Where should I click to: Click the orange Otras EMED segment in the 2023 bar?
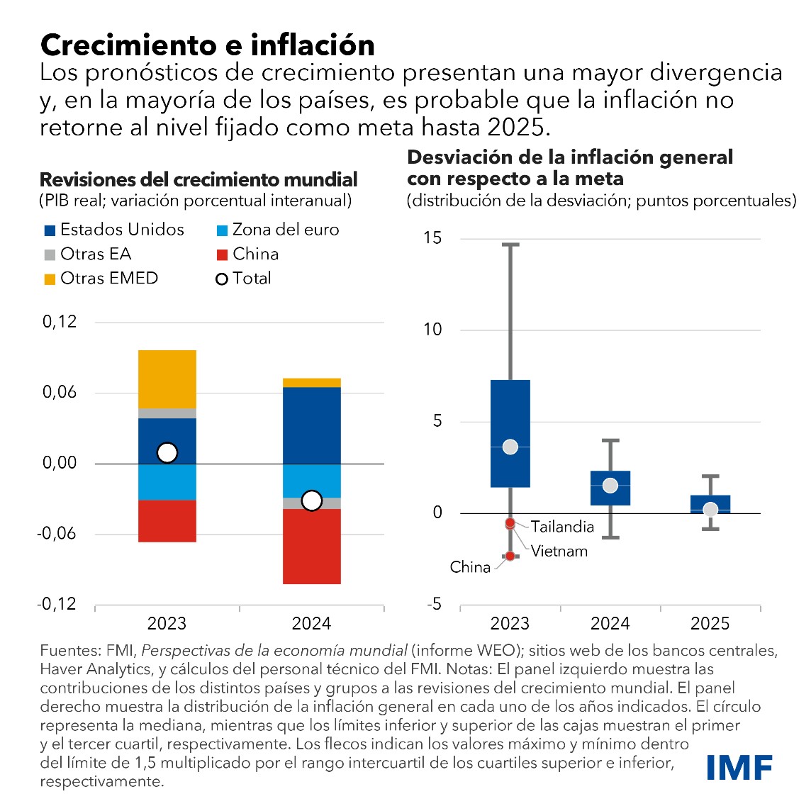tap(167, 379)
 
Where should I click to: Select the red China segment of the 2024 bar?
tap(311, 547)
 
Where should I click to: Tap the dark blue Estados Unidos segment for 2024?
tap(311, 425)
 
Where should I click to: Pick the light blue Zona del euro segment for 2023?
tap(167, 482)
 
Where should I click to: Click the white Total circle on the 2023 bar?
tap(167, 452)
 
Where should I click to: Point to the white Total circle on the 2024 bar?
tap(311, 500)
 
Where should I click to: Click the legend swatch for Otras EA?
tap(50, 255)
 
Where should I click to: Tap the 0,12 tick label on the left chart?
tap(60, 322)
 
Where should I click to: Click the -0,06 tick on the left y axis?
tap(57, 534)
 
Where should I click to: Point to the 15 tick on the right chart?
tap(432, 238)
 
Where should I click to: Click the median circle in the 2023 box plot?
tap(510, 447)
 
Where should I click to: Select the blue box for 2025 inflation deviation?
tap(710, 503)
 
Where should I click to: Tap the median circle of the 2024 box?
tap(610, 486)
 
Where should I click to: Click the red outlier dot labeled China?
tap(510, 556)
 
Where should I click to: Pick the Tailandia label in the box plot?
tap(562, 527)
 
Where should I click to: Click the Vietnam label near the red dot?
tap(559, 551)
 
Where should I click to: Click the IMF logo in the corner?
tap(739, 766)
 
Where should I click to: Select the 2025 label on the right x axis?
tap(710, 623)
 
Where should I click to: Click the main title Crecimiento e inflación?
tap(208, 45)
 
